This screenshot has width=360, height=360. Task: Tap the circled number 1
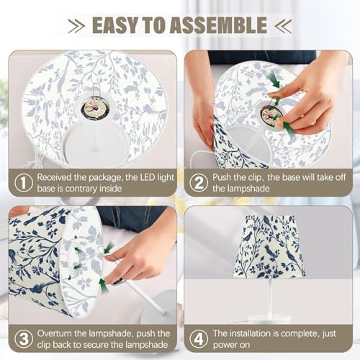pyautogui.click(x=24, y=183)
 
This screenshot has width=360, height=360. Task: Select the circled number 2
pyautogui.click(x=199, y=183)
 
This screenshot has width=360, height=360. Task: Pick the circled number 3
pyautogui.click(x=24, y=339)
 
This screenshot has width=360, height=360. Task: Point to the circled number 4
pyautogui.click(x=199, y=339)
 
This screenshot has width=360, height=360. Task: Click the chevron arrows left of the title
pyautogui.click(x=76, y=25)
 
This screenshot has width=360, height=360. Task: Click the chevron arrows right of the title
pyautogui.click(x=283, y=25)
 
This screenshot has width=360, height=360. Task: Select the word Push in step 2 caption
pyautogui.click(x=222, y=178)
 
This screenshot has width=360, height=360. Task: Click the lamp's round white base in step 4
pyautogui.click(x=270, y=319)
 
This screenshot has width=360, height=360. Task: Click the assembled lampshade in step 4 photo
pyautogui.click(x=269, y=247)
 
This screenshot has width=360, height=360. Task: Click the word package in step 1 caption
pyautogui.click(x=105, y=178)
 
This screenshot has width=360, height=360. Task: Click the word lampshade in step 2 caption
pyautogui.click(x=248, y=189)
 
